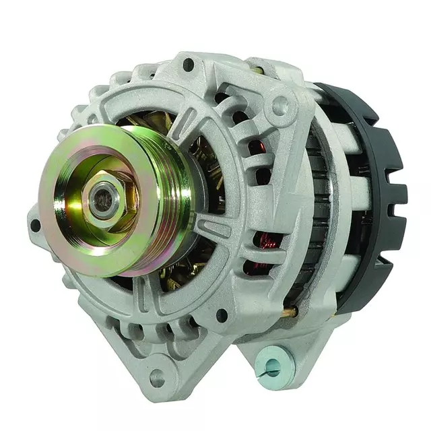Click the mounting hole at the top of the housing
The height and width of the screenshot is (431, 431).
click(x=189, y=65)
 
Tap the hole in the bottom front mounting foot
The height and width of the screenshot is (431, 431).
click(x=158, y=378)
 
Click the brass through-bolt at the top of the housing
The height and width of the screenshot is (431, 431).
click(x=258, y=69)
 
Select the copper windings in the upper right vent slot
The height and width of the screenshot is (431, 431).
click(x=255, y=147)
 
